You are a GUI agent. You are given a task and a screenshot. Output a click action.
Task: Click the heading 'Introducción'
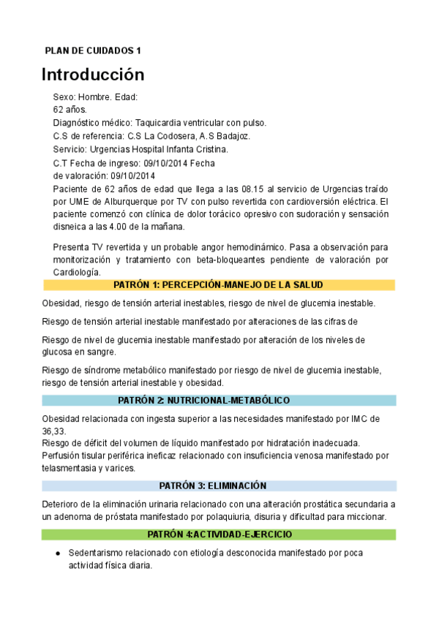point(93,75)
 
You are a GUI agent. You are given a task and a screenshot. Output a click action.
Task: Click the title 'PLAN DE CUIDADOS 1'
point(93,50)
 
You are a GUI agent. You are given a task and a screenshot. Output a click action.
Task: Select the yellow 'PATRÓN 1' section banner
point(219,285)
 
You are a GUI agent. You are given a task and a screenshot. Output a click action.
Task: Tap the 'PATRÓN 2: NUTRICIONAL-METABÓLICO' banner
point(219,401)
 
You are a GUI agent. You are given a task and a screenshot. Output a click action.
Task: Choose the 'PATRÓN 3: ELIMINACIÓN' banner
point(219,485)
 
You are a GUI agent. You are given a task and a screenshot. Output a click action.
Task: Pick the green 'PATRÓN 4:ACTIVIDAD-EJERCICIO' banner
point(219,534)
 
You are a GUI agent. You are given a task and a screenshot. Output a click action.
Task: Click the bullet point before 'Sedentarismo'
point(58,553)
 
